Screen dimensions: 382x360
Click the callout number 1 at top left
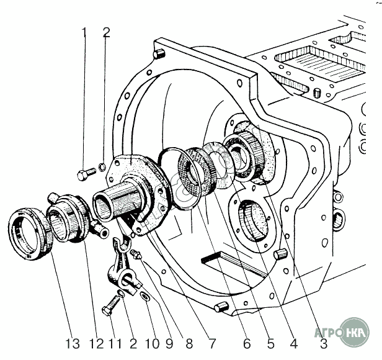click(x=84, y=33)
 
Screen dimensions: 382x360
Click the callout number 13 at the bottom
click(x=73, y=344)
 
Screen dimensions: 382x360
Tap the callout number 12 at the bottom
click(x=97, y=344)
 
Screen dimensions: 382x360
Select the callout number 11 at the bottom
click(x=115, y=344)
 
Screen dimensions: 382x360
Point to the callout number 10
click(x=153, y=344)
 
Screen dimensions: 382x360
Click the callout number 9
click(x=169, y=344)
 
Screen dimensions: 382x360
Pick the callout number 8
click(x=189, y=344)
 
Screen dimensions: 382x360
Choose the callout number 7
click(x=213, y=344)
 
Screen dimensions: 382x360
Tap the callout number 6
click(x=247, y=344)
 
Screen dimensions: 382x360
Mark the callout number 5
click(x=270, y=344)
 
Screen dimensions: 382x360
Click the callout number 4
click(x=294, y=344)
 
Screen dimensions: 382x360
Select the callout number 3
click(x=324, y=344)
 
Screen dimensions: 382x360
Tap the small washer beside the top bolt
click(x=102, y=167)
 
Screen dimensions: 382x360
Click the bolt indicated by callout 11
click(x=112, y=304)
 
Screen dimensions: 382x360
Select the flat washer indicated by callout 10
click(x=146, y=296)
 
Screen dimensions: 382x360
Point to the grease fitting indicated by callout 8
click(x=135, y=254)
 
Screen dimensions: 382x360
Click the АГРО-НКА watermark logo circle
click(x=355, y=331)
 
